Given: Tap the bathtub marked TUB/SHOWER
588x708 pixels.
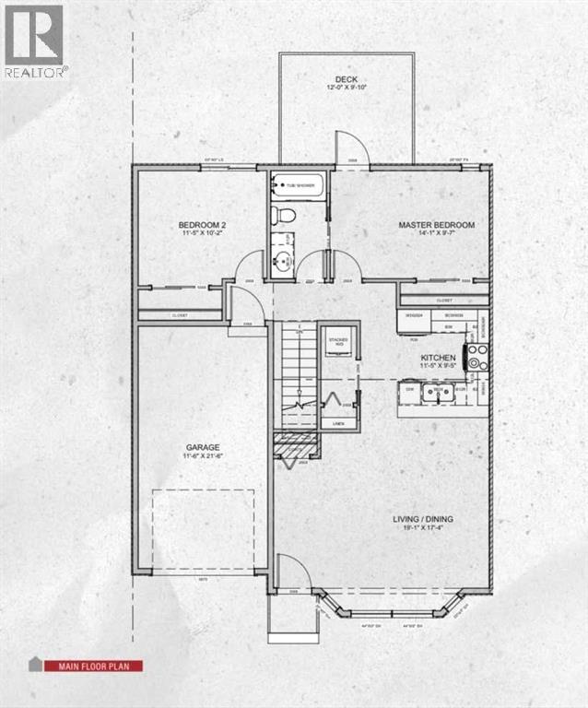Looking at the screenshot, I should click(x=300, y=186).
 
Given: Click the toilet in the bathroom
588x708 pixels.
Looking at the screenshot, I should click(x=285, y=217).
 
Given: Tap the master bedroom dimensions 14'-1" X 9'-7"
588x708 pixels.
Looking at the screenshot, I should click(x=436, y=235).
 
